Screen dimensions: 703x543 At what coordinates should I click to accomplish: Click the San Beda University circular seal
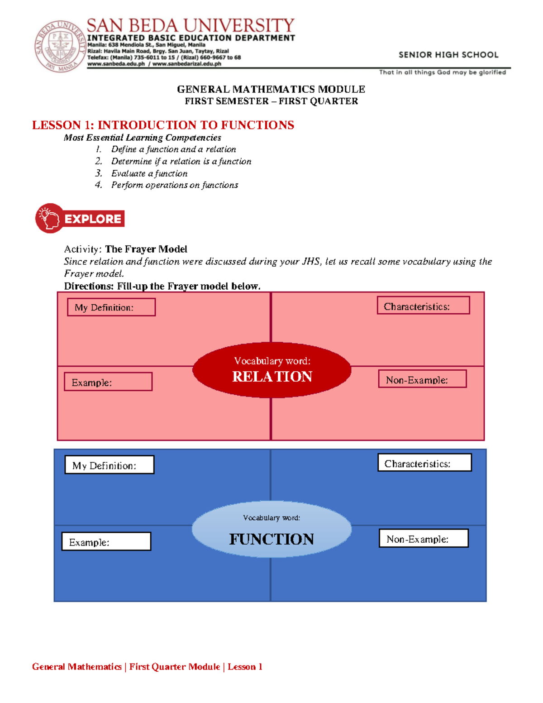60,46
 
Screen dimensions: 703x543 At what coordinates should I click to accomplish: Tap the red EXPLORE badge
80,219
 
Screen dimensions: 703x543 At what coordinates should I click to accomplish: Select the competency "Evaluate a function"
149,173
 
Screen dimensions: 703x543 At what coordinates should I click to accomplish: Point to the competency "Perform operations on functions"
174,185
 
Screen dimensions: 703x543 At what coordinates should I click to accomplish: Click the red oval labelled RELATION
271,370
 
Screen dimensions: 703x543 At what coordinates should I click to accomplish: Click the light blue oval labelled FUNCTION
271,529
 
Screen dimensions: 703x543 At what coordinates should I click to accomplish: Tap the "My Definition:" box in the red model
111,307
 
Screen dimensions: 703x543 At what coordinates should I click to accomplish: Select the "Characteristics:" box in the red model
423,306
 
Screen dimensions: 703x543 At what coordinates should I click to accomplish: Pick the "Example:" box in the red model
108,382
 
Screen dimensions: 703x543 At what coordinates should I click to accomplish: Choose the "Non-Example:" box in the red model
422,379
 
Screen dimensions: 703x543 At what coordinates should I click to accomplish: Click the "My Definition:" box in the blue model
110,465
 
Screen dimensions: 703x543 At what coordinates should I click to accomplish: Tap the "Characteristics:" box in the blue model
424,463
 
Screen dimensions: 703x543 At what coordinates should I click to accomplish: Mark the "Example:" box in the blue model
106,541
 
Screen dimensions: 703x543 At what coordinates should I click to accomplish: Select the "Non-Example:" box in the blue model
424,539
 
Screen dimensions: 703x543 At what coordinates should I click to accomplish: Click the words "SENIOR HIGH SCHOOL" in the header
448,55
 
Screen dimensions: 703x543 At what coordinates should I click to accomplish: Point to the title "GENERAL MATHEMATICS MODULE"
271,89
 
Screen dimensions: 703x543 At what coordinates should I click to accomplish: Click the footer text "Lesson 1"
245,667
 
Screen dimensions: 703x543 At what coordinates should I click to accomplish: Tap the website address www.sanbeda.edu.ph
116,64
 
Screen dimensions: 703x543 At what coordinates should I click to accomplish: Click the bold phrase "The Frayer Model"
146,249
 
